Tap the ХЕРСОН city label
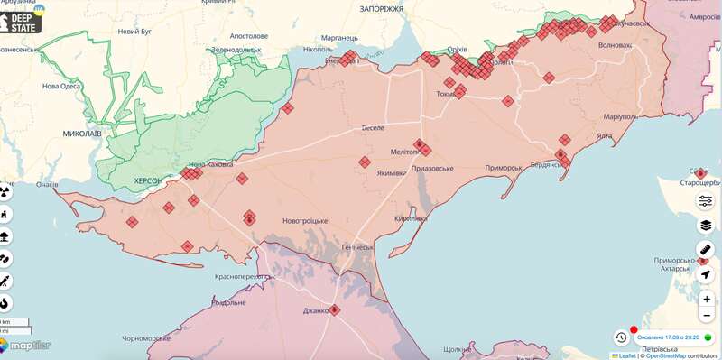[148, 181]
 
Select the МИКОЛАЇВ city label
[82, 133]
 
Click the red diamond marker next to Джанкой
[335, 309]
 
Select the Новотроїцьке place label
[292, 221]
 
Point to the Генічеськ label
[357, 247]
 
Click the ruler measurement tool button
[706, 250]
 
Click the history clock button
[621, 337]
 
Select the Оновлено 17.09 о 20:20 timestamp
[668, 337]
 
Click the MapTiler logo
[25, 346]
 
